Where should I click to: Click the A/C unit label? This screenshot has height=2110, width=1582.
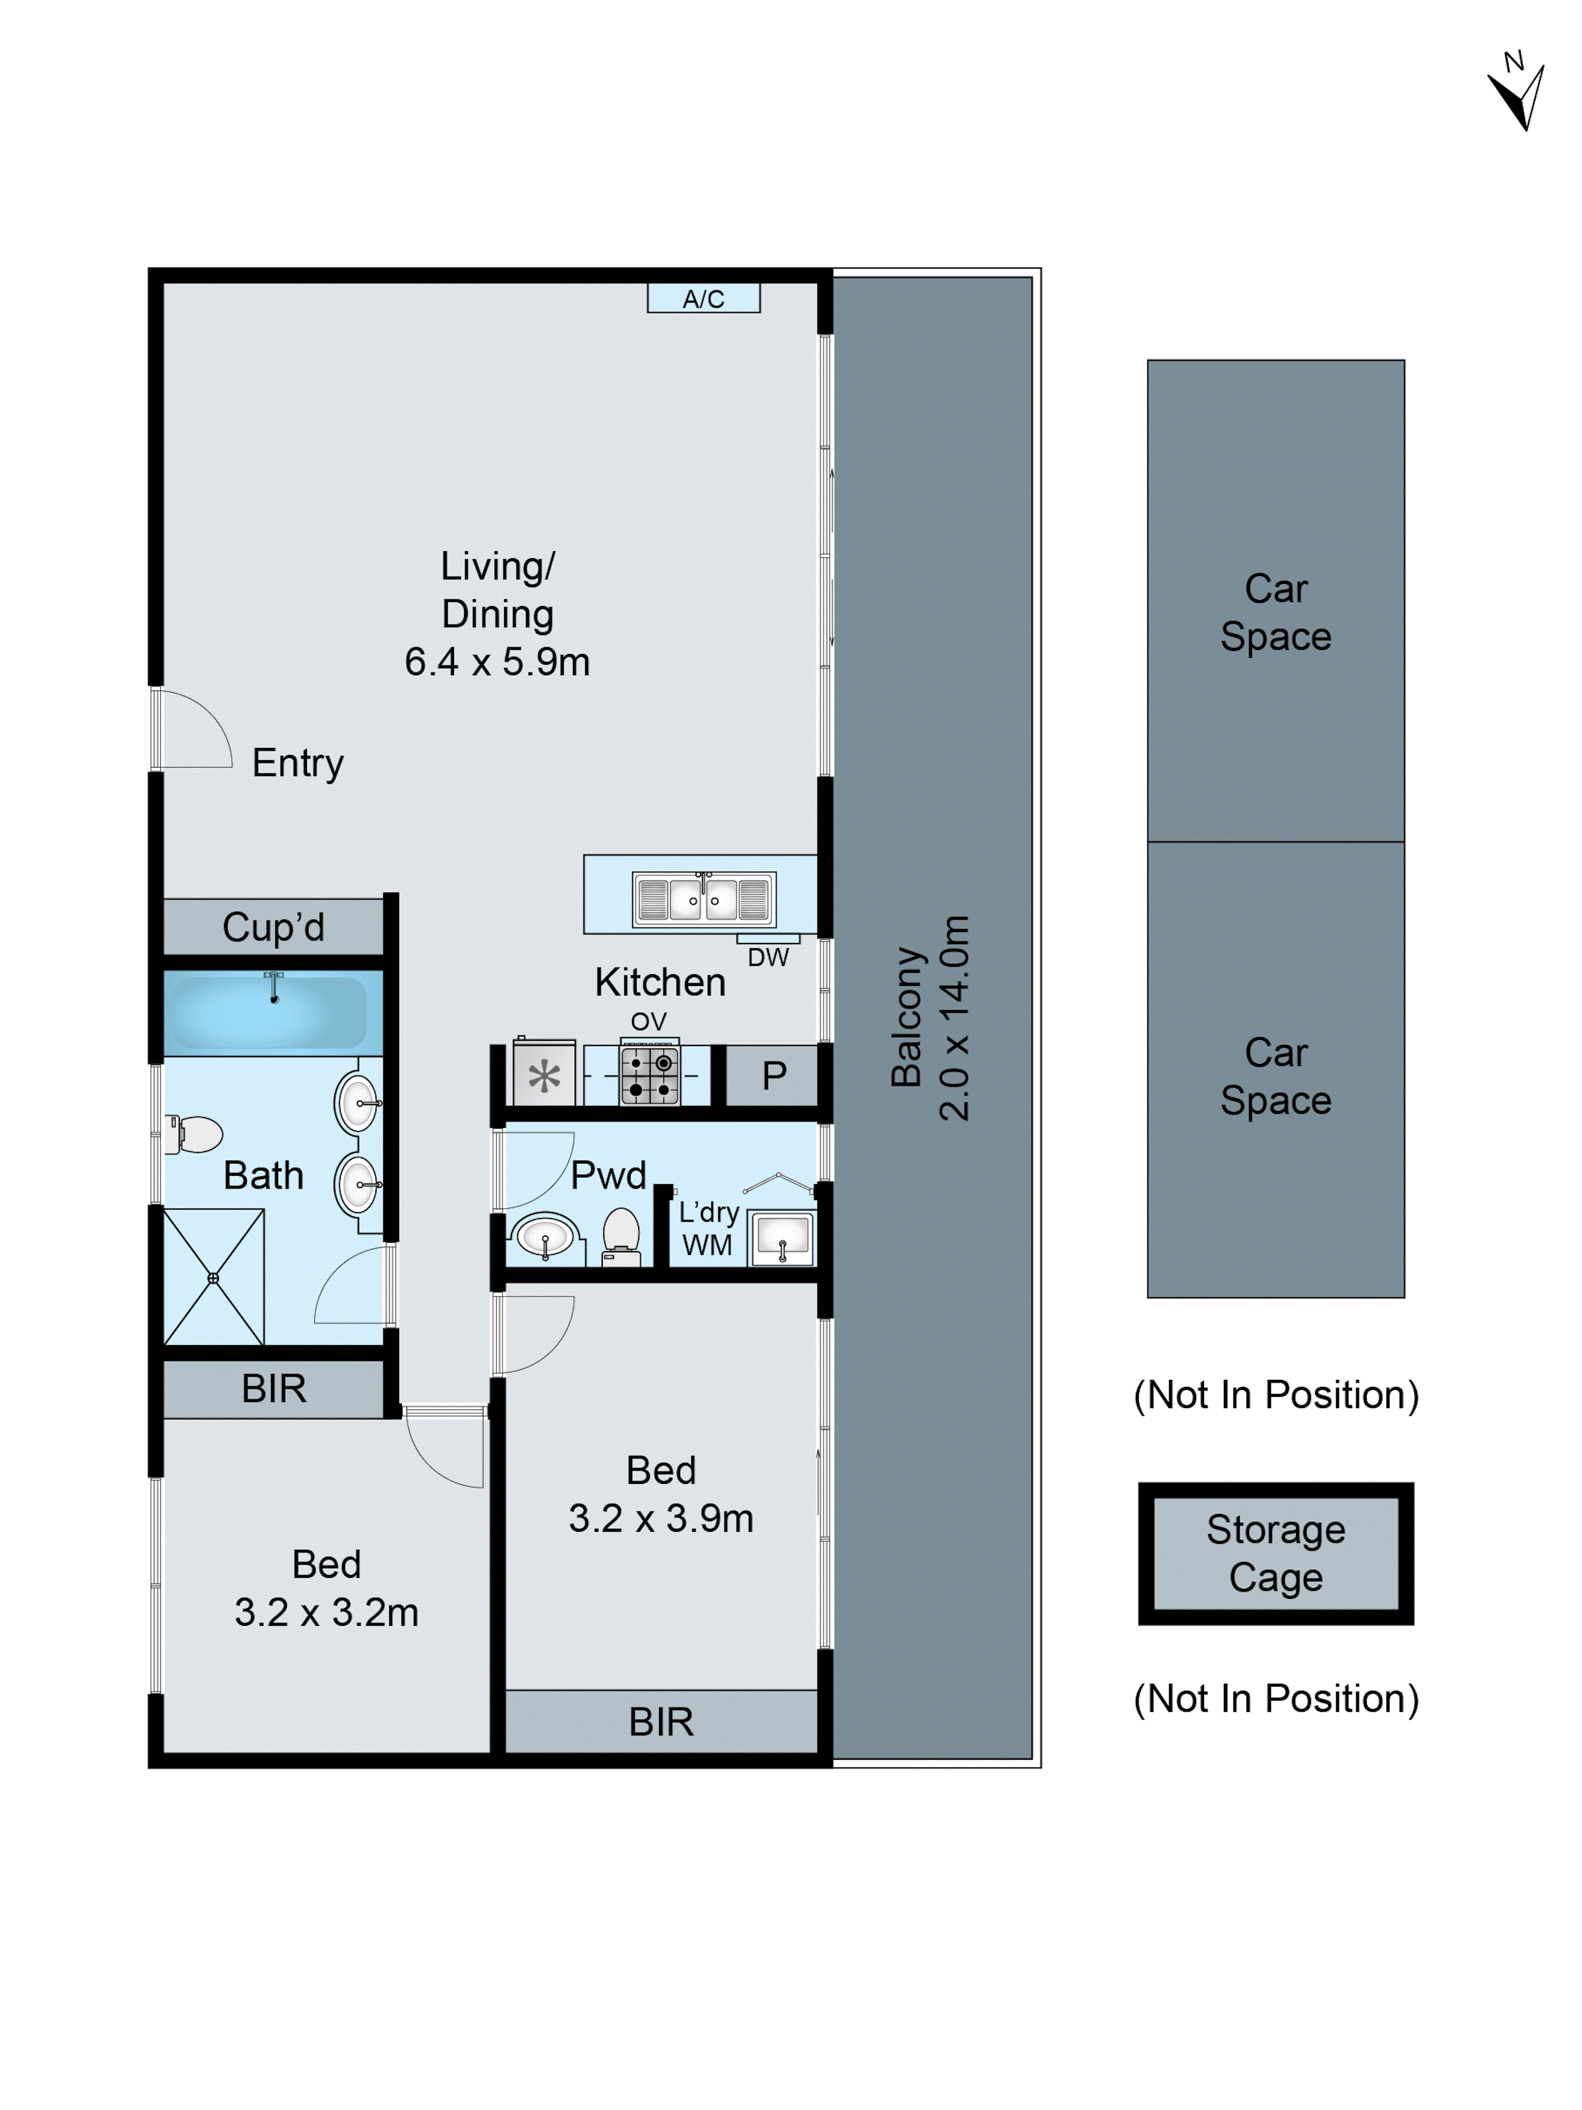[x=703, y=299]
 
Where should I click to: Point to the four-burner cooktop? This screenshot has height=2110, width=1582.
[x=649, y=1075]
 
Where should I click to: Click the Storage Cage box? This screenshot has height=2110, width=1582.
[x=1275, y=1553]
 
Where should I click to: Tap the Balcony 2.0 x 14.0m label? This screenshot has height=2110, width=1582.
[x=930, y=1018]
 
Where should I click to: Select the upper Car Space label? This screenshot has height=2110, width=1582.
[x=1275, y=611]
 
